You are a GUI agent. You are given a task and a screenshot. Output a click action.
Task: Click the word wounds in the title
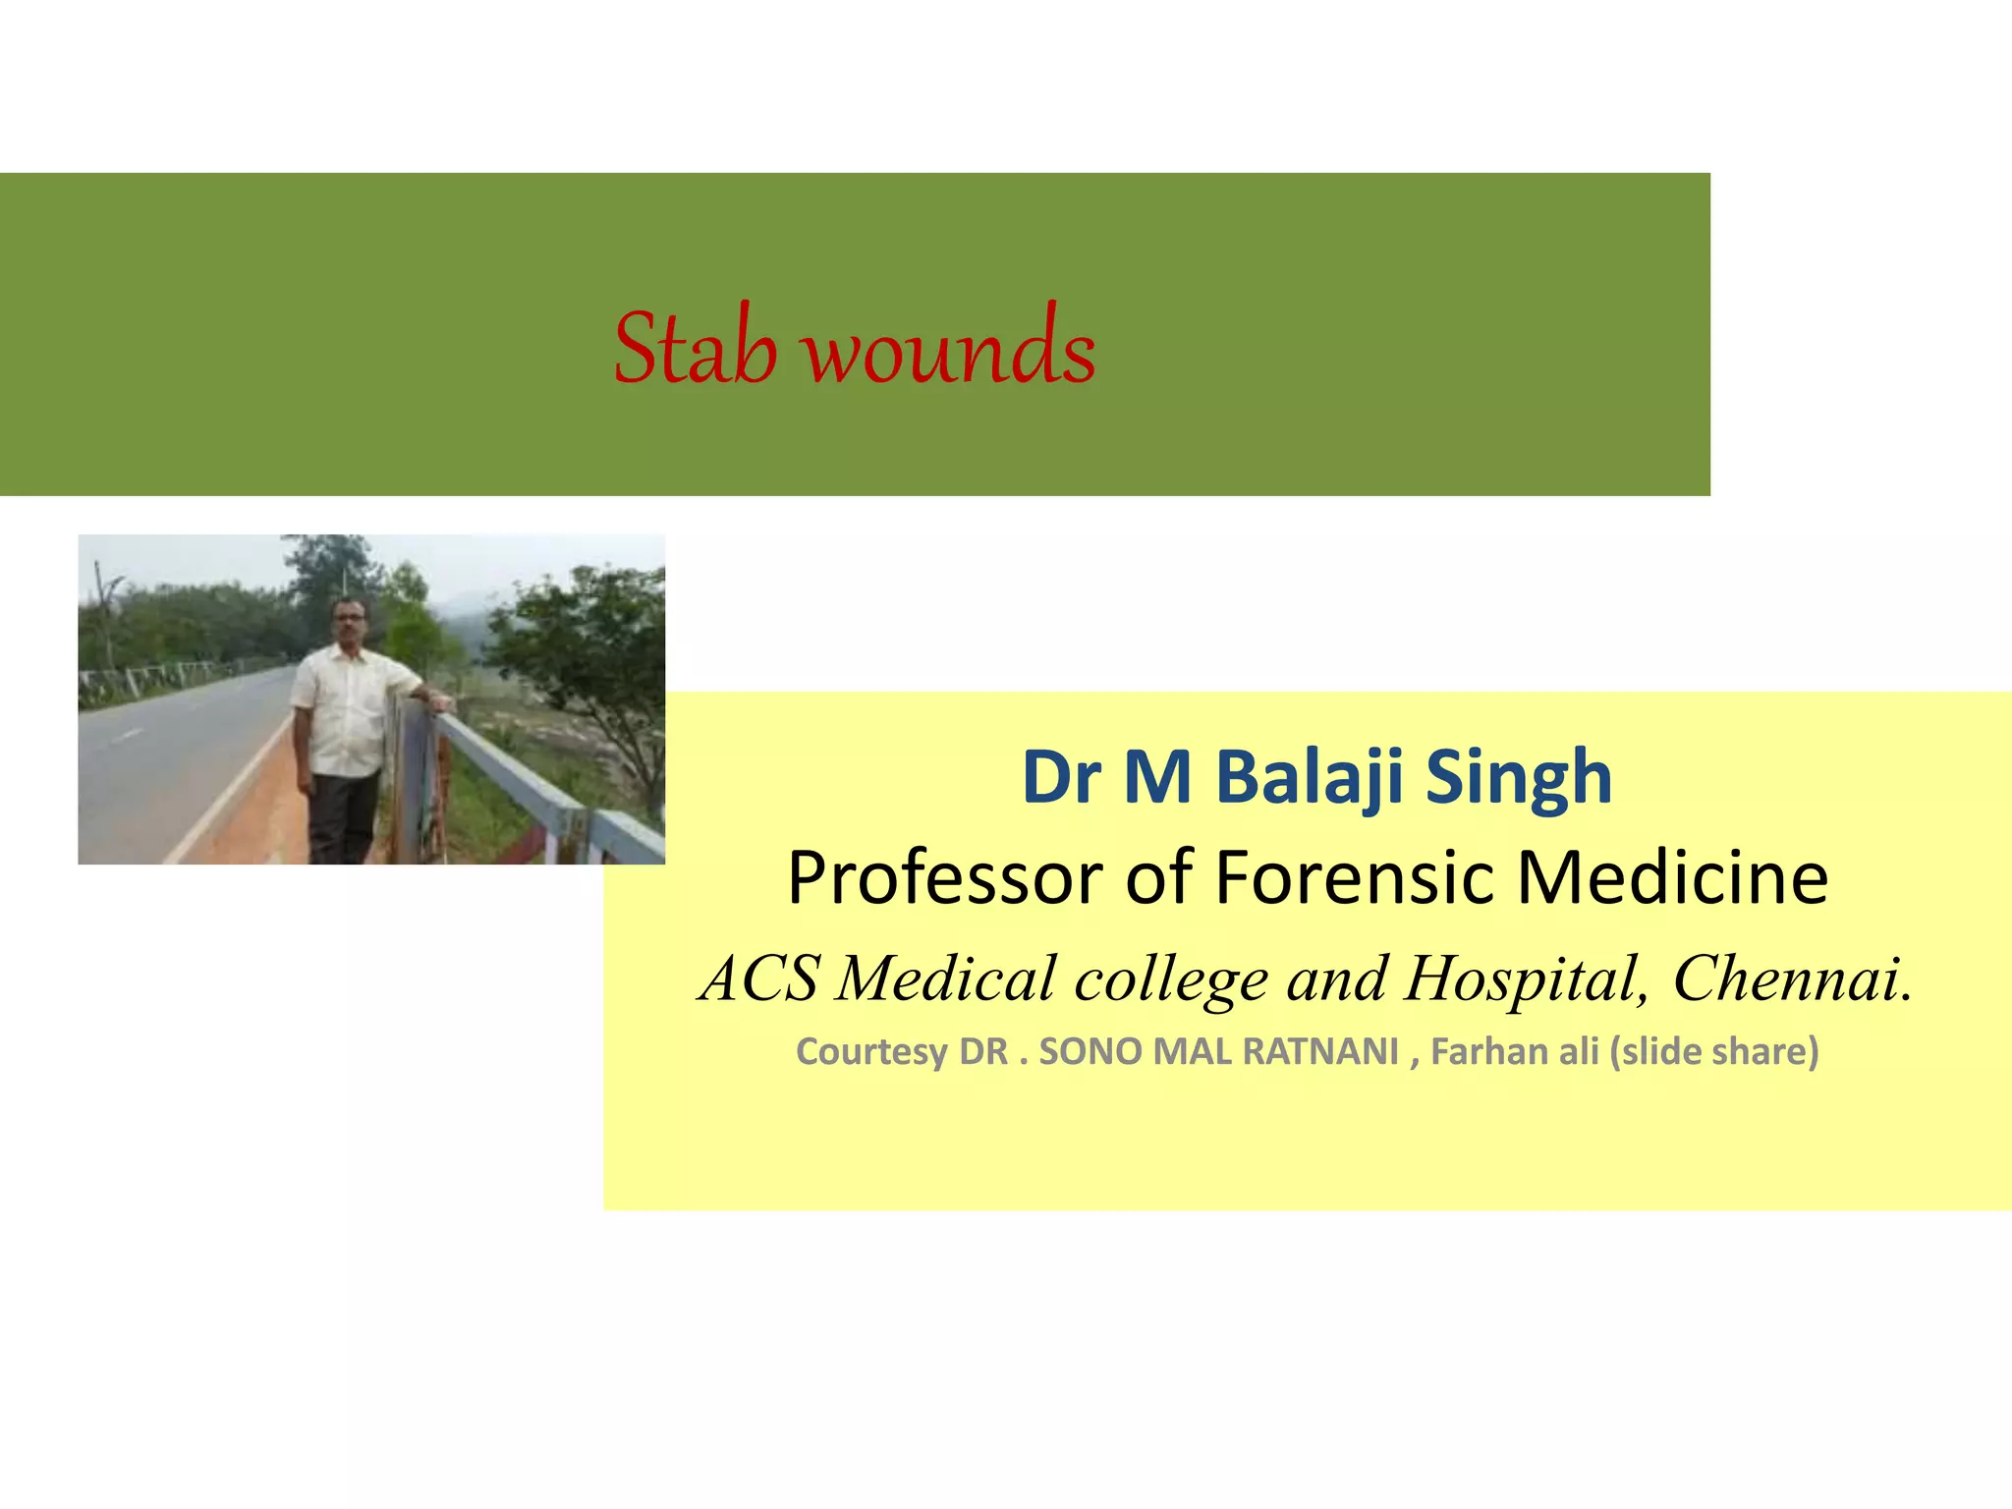pyautogui.click(x=950, y=350)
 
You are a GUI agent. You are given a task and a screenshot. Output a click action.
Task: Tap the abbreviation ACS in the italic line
pyautogui.click(x=758, y=978)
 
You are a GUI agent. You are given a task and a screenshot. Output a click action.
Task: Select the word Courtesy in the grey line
pyautogui.click(x=872, y=1051)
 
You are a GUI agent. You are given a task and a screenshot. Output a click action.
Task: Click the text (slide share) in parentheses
pyautogui.click(x=1713, y=1051)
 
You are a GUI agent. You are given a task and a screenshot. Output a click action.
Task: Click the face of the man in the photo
pyautogui.click(x=350, y=620)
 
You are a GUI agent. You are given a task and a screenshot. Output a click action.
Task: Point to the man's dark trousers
pyautogui.click(x=341, y=815)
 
